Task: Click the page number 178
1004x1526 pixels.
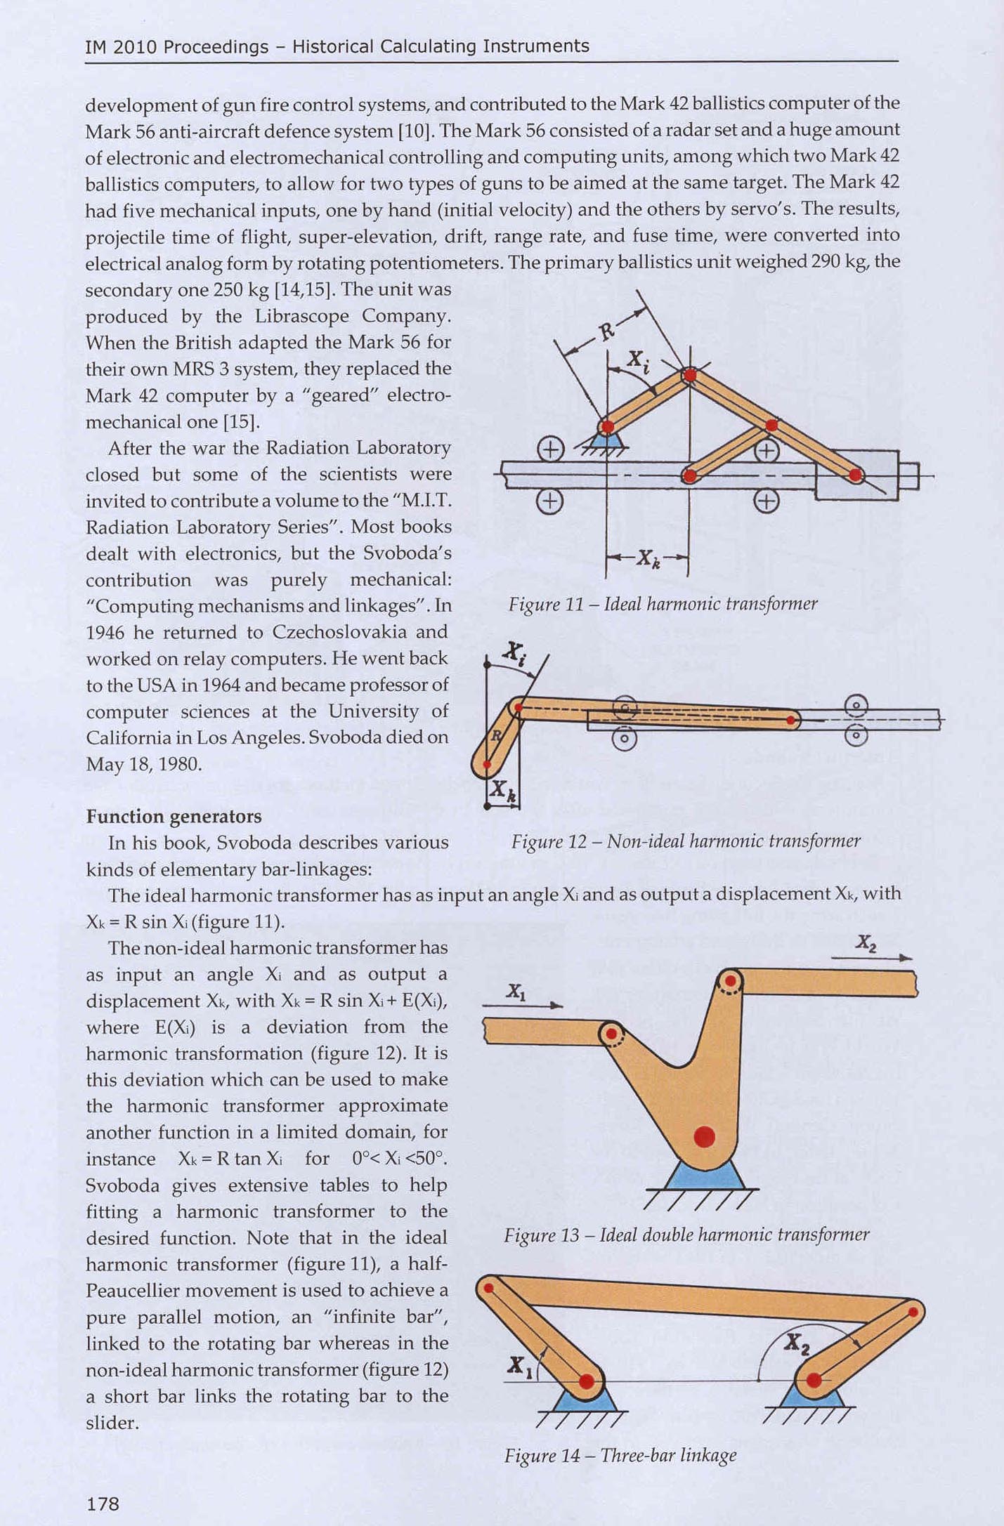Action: click(103, 1503)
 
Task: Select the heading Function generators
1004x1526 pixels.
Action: click(174, 816)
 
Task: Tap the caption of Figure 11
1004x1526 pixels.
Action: click(663, 604)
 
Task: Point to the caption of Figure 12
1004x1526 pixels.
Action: click(686, 841)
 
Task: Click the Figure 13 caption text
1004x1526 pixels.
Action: click(686, 1235)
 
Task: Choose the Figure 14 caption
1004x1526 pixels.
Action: click(620, 1454)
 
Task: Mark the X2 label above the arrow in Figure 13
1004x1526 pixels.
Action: click(866, 943)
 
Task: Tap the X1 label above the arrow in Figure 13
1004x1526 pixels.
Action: click(516, 992)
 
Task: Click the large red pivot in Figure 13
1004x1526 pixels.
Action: click(704, 1136)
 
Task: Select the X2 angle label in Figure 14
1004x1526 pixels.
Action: click(797, 1342)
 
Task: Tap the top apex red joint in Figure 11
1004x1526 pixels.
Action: click(690, 375)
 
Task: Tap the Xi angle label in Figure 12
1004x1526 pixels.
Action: click(514, 653)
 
